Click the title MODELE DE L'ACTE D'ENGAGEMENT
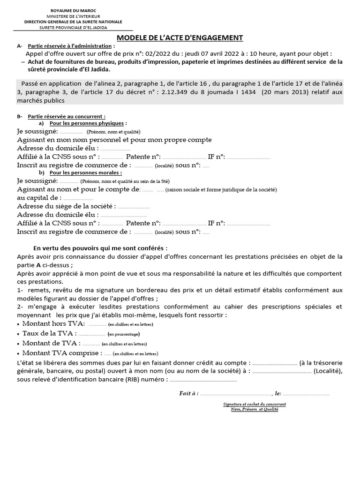tap(180, 38)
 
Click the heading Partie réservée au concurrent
tap(67, 116)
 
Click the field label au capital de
tap(39, 198)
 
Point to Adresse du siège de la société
tap(66, 206)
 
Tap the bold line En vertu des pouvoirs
tap(100, 248)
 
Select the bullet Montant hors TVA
tap(53, 324)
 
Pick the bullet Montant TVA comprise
tap(61, 353)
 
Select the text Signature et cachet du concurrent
tap(255, 404)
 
